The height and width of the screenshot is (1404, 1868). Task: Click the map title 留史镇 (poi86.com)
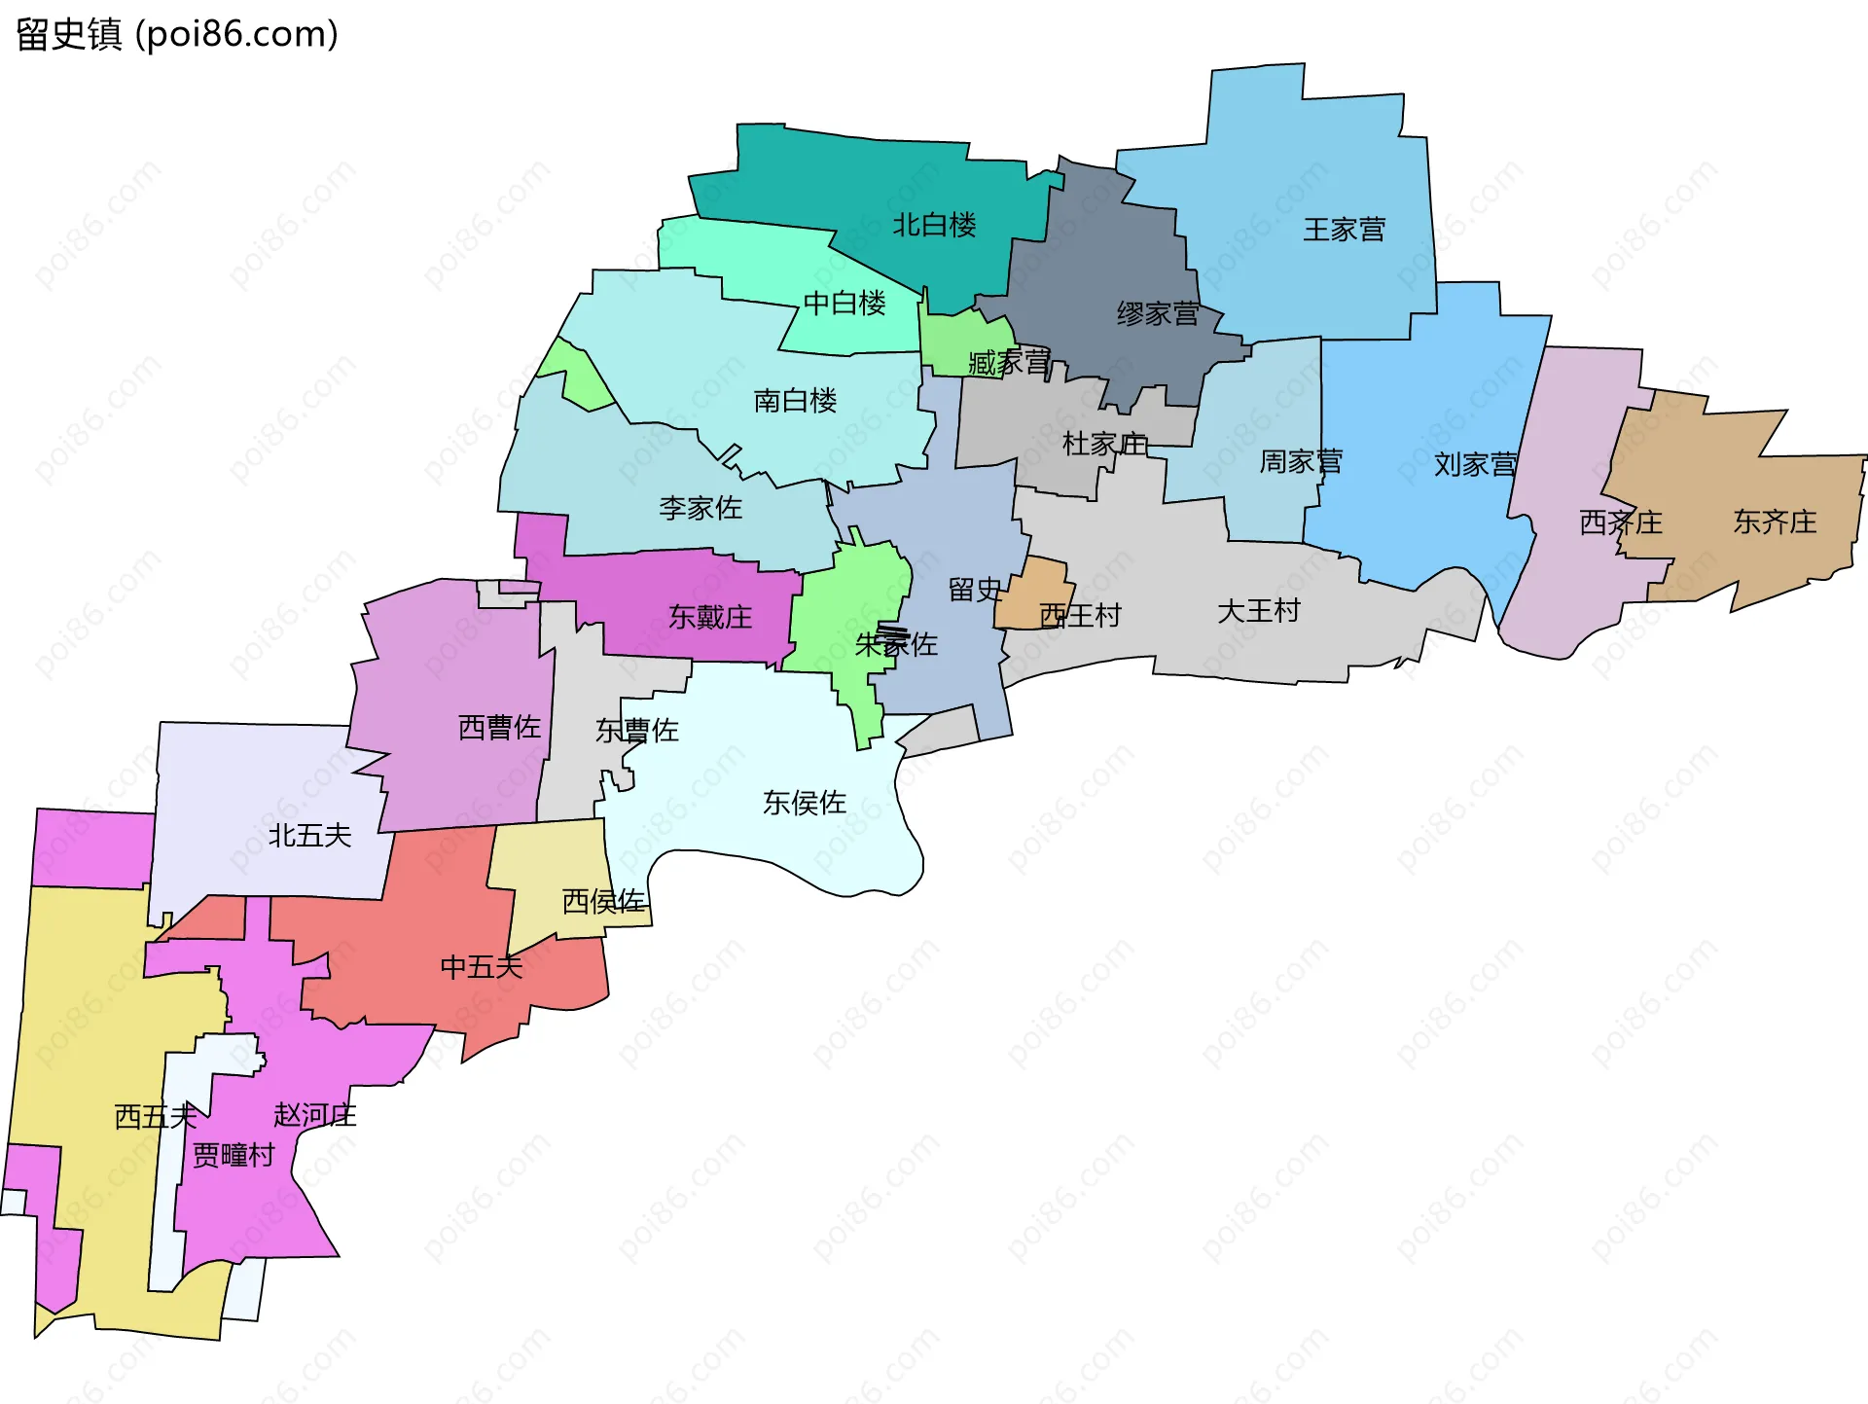pos(177,34)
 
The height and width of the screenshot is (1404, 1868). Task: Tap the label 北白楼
pos(934,226)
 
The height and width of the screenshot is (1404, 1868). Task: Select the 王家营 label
pos(1344,230)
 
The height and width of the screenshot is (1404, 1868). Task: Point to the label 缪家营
pos(1157,314)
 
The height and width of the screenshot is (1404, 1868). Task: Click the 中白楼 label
pos(844,304)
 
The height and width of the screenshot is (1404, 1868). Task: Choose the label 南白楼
pos(795,401)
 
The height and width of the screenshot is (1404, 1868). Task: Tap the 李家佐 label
pos(700,508)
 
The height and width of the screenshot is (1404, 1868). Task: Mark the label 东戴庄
pos(710,617)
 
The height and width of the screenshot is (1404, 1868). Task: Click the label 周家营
pos(1301,461)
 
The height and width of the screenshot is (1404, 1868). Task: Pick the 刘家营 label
pos(1475,465)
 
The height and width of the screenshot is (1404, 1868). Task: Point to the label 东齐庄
pos(1775,522)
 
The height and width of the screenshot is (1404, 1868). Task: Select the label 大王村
pos(1259,611)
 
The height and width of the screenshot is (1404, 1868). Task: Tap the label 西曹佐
pos(499,728)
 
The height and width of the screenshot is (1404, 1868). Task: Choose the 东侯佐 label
pos(805,803)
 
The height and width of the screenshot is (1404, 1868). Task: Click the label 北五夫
pos(309,836)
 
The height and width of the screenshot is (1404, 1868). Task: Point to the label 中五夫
pos(482,967)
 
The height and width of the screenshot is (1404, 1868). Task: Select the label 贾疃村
pos(233,1156)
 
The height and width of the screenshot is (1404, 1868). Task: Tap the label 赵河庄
pos(315,1115)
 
